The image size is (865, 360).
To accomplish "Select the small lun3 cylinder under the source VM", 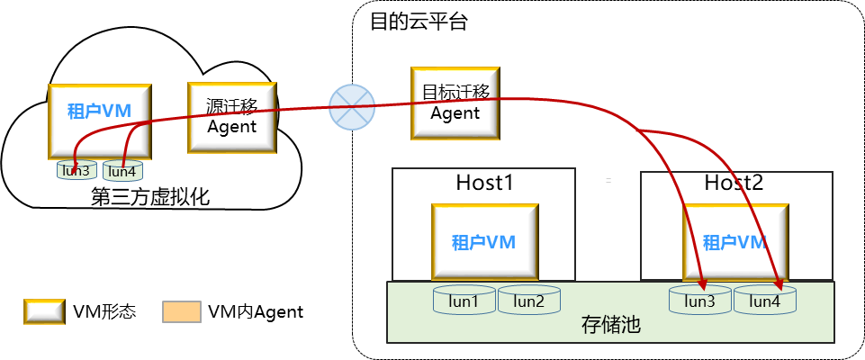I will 77,170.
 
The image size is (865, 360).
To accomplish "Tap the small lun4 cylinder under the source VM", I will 122,171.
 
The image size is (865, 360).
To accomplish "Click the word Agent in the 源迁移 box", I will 231,127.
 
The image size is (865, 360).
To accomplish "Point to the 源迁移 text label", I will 231,106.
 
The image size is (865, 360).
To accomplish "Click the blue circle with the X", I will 351,107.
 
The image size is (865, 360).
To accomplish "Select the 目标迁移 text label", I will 455,92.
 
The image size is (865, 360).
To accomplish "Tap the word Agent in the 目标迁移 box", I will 455,113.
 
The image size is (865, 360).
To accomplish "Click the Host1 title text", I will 484,184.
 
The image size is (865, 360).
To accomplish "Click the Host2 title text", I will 734,184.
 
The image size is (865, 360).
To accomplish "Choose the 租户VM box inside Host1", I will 484,241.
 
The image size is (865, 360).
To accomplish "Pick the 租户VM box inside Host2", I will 735,241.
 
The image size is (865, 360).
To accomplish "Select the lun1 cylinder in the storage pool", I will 464,301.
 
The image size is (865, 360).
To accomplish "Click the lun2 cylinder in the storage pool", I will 528,301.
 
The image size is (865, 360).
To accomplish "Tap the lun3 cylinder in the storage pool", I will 699,301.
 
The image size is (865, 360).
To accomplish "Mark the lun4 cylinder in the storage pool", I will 765,301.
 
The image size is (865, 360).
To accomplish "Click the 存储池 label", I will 610,325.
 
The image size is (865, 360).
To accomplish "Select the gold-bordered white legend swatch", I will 43,311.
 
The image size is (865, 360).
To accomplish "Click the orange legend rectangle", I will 181,311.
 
